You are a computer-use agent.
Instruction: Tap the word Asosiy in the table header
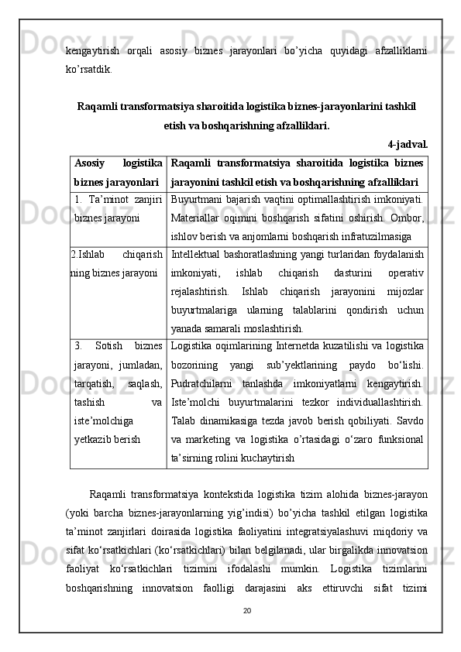pos(91,163)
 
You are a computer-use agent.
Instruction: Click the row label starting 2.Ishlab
pos(87,254)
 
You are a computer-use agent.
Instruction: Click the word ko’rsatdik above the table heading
pos(88,67)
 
